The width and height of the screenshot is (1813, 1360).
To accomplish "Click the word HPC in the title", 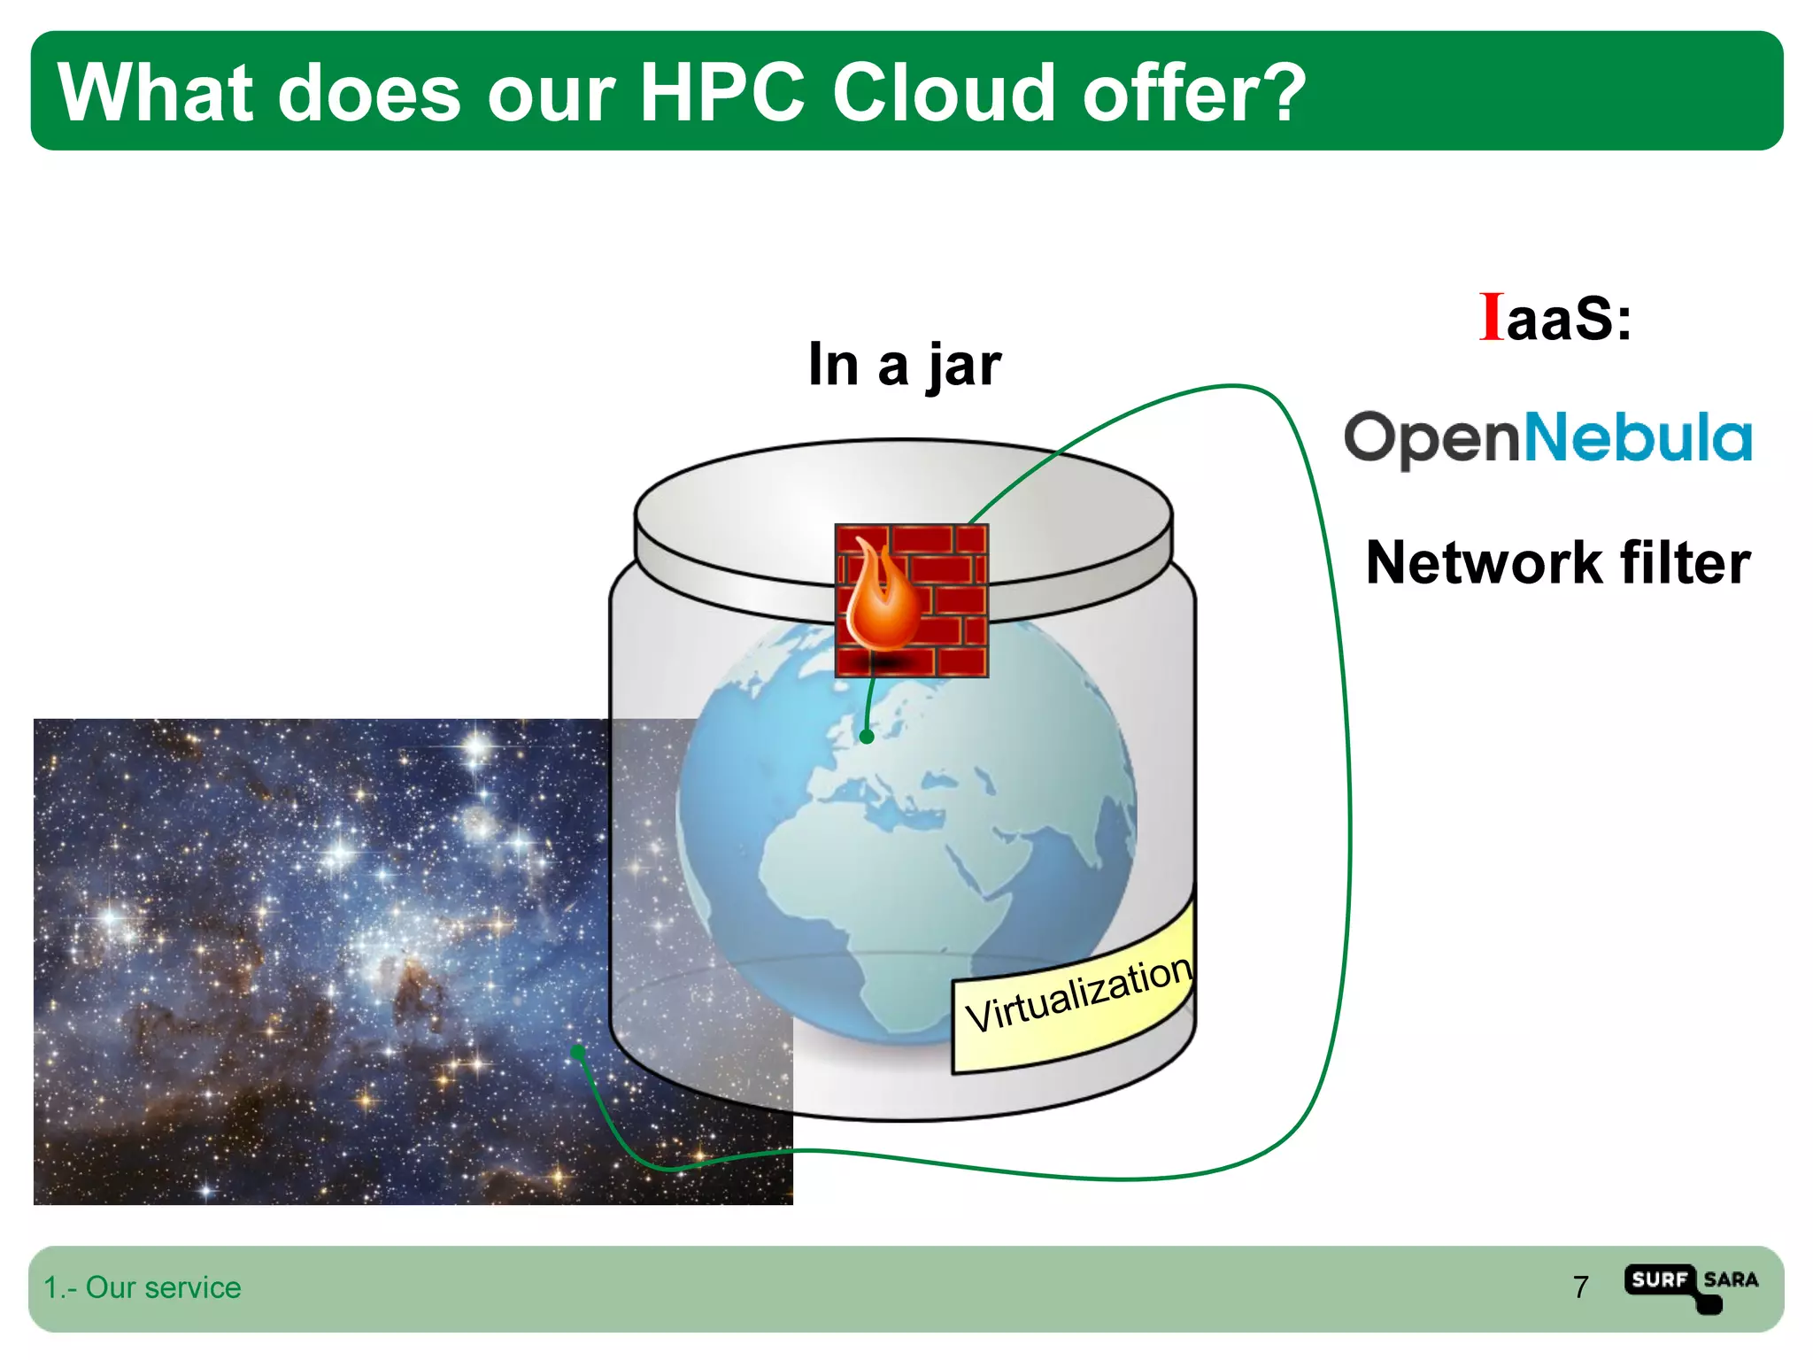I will [x=721, y=93].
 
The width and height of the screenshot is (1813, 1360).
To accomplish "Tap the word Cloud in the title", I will [x=943, y=93].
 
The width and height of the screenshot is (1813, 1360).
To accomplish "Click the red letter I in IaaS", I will [x=1491, y=317].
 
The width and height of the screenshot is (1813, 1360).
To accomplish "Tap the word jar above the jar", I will [x=964, y=366].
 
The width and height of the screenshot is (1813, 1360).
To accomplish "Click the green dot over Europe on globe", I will [x=867, y=736].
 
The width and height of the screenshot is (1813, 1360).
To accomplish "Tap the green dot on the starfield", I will [x=578, y=1052].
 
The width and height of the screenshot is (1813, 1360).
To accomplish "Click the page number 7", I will [x=1580, y=1287].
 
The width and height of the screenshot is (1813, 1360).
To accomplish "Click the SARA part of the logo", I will [x=1731, y=1279].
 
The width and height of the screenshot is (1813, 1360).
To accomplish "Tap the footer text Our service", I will [x=163, y=1287].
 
